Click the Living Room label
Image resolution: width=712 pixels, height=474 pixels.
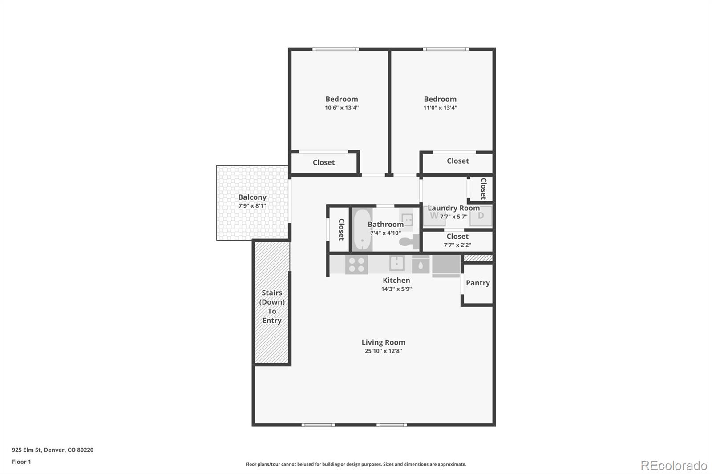383,342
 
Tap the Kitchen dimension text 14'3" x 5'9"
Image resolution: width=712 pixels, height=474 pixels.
396,289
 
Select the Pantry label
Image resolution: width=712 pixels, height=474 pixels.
478,283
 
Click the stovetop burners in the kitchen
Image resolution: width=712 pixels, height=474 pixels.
356,265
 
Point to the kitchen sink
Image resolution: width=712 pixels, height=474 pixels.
397,263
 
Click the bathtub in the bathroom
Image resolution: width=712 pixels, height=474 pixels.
362,229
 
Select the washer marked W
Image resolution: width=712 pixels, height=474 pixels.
434,216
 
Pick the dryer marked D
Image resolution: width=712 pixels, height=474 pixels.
481,216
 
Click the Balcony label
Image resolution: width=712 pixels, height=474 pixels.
252,197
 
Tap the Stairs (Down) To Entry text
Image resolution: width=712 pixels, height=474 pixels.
272,306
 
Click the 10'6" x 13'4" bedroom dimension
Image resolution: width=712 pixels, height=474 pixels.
342,108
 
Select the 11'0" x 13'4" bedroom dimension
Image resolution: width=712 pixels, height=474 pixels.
440,108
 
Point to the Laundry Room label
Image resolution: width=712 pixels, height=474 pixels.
453,208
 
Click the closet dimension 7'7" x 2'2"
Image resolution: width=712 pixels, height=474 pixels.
457,245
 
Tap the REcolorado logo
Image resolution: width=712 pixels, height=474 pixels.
674,466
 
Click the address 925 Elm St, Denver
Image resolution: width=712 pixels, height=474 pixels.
53,450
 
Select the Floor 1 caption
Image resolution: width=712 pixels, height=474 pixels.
21,462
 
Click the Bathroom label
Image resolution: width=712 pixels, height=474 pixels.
385,224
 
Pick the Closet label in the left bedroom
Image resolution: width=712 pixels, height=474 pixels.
324,162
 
